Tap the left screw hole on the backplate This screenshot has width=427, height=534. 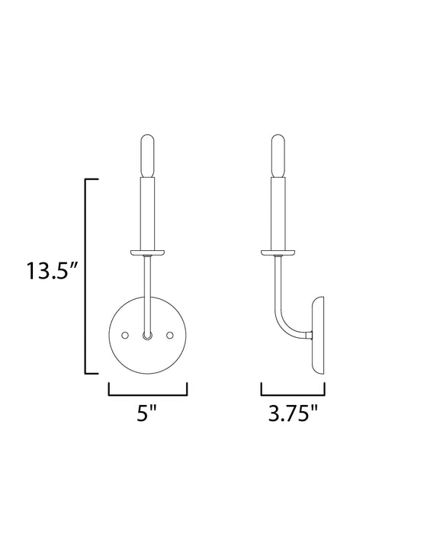click(126, 336)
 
